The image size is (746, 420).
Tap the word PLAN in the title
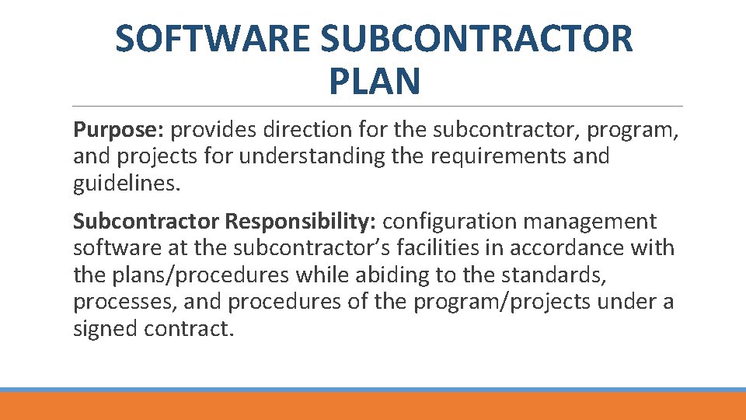point(374,81)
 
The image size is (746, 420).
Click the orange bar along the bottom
point(373,406)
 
